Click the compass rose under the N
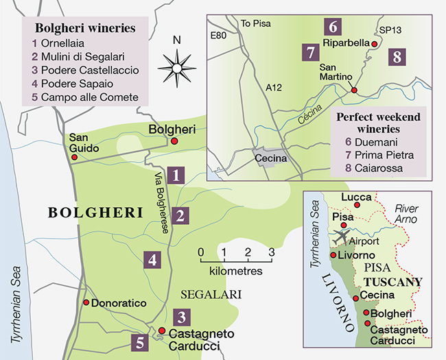177,67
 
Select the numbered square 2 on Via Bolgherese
180,217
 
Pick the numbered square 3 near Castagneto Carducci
181,317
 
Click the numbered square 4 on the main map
152,260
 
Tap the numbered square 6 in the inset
332,27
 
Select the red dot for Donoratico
86,302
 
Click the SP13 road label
391,31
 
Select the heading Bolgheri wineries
85,29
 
